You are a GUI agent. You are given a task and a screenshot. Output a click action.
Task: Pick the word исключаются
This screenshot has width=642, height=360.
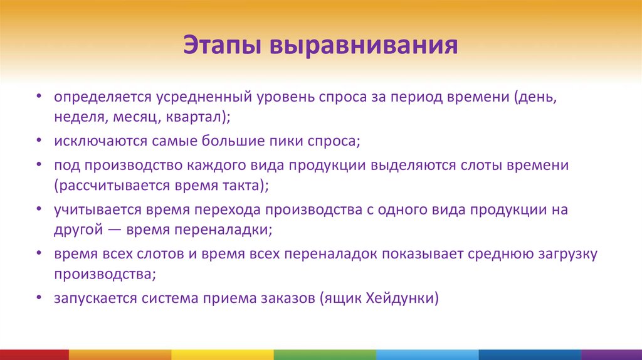[100, 141]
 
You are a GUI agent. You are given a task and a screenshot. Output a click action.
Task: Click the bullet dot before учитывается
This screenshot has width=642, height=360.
[39, 210]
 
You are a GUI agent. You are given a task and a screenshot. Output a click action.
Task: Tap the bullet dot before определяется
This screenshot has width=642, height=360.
[39, 98]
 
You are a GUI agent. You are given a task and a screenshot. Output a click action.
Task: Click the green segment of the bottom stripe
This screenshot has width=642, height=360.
[325, 355]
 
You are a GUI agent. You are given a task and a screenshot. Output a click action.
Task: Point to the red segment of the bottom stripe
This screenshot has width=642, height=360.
[34, 355]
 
